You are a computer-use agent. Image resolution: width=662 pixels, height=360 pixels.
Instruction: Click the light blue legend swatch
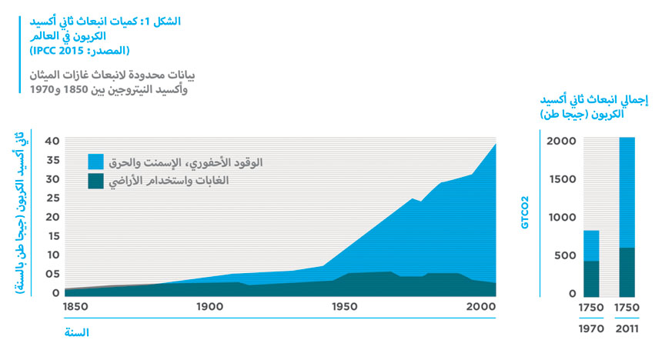coord(95,162)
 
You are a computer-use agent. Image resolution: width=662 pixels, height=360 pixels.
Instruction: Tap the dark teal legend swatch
coord(95,182)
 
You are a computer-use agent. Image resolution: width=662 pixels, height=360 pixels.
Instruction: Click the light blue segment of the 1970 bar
coord(591,245)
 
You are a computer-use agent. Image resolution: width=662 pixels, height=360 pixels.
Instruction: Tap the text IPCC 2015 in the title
coord(65,52)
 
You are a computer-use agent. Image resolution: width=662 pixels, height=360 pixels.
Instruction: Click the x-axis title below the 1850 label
coord(77,332)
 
